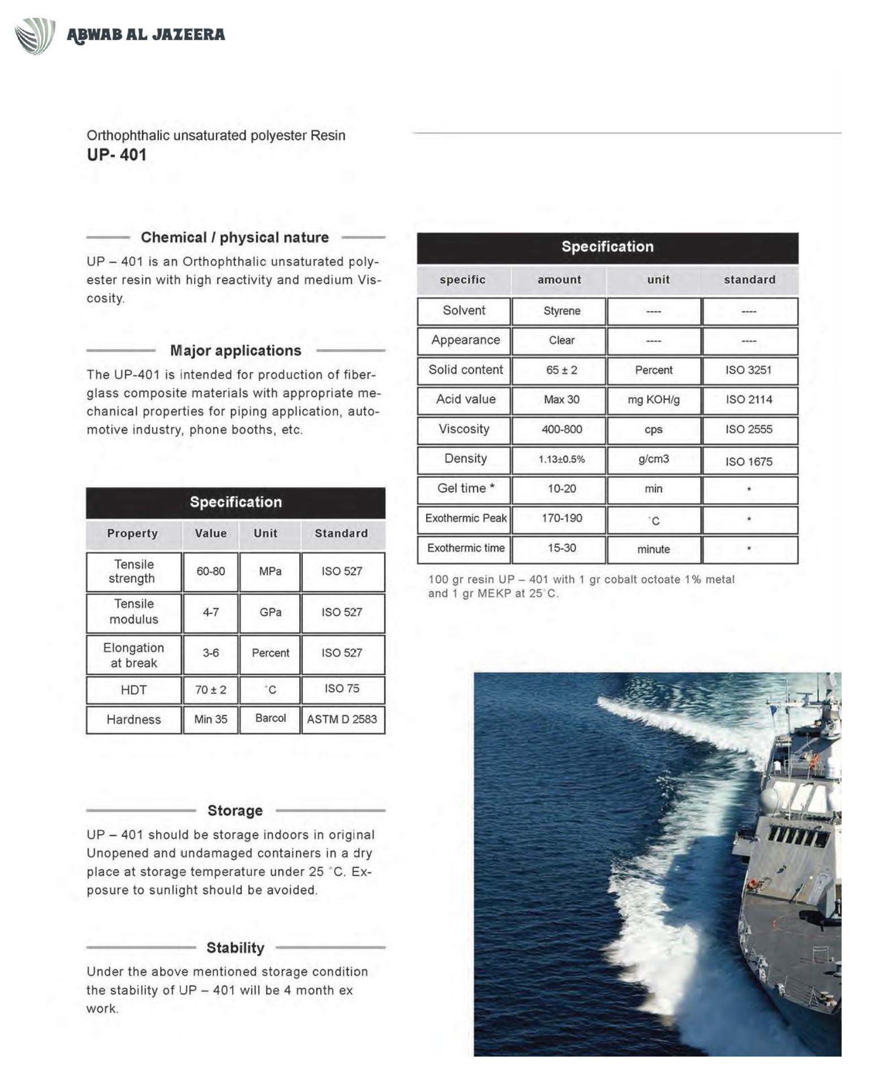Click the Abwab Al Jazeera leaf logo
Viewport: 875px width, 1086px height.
point(35,36)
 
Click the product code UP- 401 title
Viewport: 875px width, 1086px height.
point(117,154)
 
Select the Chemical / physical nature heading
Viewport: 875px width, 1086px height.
point(235,238)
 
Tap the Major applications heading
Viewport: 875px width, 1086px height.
point(235,351)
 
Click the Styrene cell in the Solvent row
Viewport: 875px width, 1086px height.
point(561,311)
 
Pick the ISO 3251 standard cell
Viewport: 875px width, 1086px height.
point(748,370)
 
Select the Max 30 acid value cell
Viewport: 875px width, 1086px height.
point(561,400)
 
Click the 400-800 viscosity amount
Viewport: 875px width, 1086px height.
point(561,429)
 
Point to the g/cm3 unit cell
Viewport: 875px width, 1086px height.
point(653,459)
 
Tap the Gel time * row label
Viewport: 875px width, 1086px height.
point(466,488)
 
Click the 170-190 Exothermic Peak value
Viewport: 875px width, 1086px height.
point(561,518)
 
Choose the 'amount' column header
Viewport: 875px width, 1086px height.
point(559,279)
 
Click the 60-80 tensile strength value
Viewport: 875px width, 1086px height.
point(211,571)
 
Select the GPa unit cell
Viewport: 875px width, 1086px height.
point(270,612)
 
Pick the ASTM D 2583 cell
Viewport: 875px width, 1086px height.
point(342,719)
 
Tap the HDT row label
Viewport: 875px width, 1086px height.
point(134,690)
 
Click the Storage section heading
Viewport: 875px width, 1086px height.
point(235,811)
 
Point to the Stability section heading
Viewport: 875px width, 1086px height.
point(235,947)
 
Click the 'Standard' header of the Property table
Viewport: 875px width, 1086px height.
point(341,533)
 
